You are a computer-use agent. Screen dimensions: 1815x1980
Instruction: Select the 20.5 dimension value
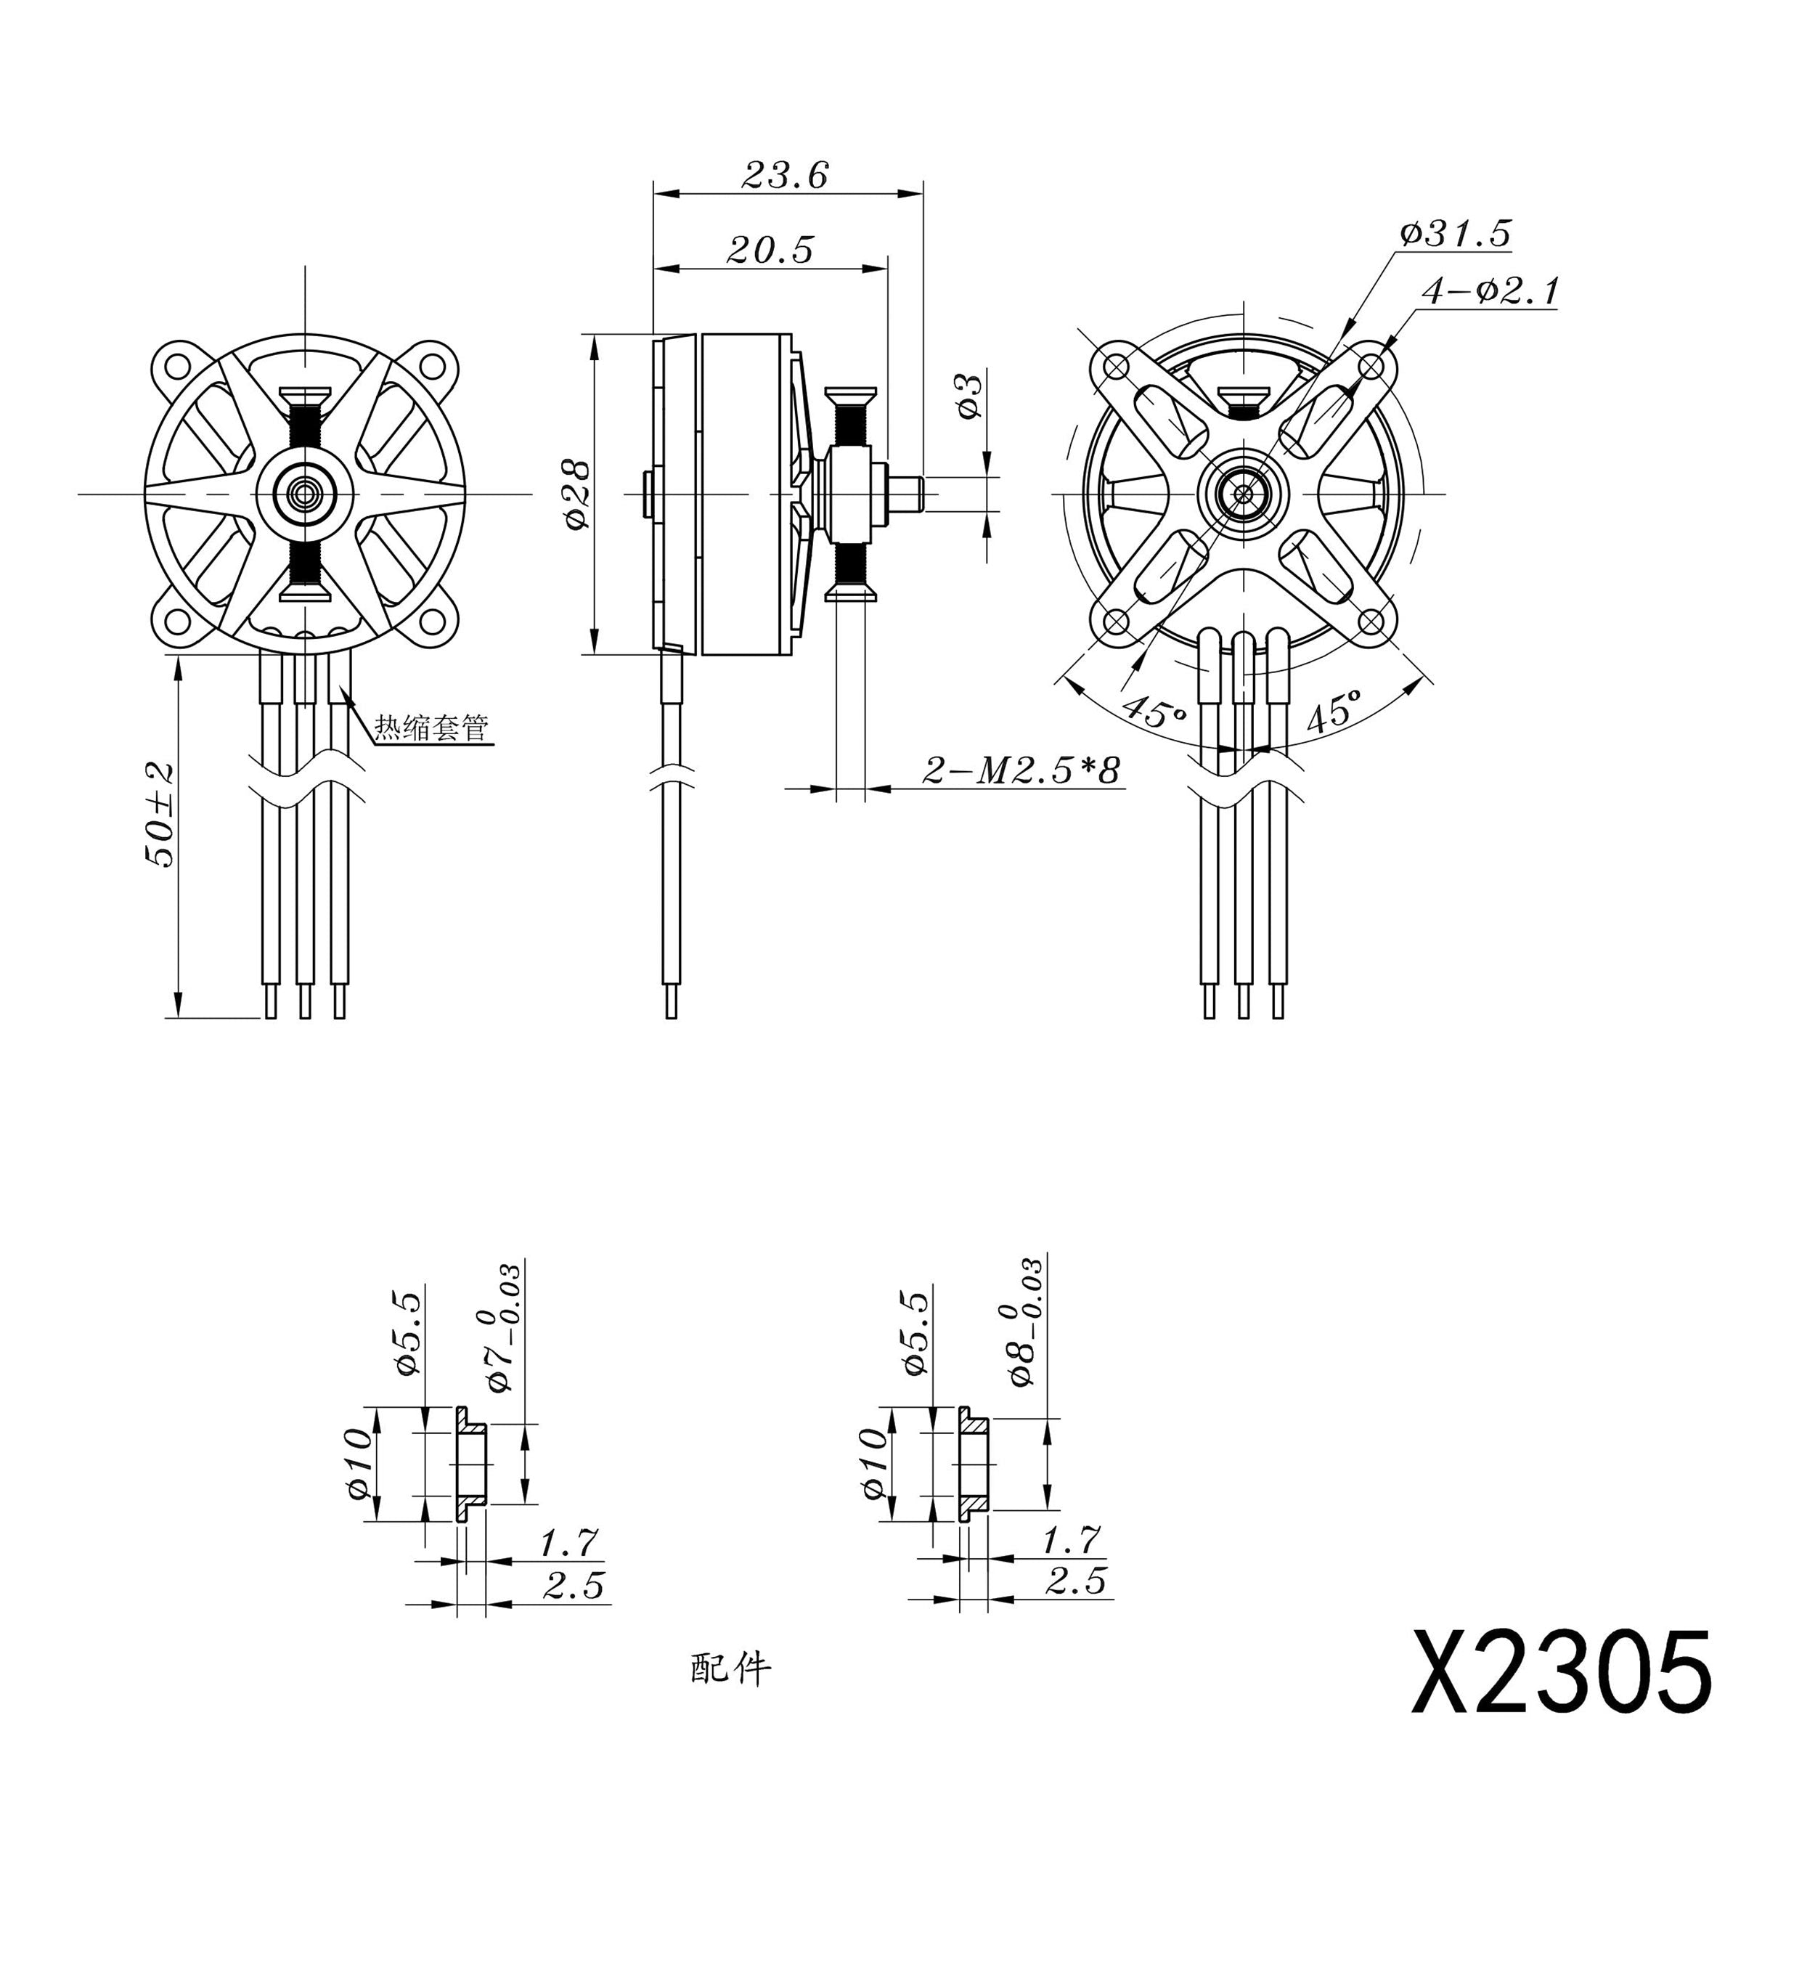pos(770,250)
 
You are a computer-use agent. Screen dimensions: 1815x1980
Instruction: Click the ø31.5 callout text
pos(1456,234)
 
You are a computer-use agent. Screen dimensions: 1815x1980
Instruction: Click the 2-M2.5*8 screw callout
pos(1021,770)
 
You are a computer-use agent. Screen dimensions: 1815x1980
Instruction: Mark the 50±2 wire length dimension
pos(159,814)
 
